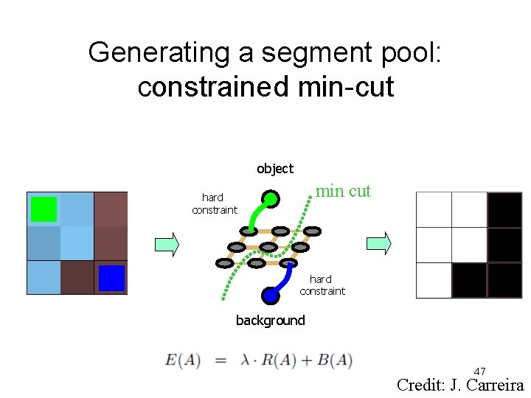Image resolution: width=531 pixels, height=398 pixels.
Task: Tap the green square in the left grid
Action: click(44, 209)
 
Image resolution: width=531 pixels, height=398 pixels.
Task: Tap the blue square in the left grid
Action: click(111, 278)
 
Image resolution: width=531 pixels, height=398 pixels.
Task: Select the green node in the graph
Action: click(271, 198)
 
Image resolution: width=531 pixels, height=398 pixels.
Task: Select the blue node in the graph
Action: click(270, 296)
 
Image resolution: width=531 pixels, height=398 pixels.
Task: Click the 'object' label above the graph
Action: click(275, 169)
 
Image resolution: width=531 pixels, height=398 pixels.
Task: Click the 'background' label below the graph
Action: click(270, 320)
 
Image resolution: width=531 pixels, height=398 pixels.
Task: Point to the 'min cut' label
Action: click(343, 191)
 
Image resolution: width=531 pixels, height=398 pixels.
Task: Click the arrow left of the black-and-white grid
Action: click(379, 243)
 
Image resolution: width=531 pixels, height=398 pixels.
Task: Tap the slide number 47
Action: click(479, 371)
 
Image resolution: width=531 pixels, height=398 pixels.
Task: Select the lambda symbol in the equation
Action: click(246, 360)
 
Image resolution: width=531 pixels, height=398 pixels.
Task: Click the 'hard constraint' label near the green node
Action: click(214, 203)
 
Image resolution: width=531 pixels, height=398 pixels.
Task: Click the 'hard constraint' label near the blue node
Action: click(322, 284)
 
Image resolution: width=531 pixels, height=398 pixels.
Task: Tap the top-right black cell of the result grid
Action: click(504, 210)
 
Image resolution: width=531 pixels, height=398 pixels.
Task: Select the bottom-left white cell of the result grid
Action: click(434, 280)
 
